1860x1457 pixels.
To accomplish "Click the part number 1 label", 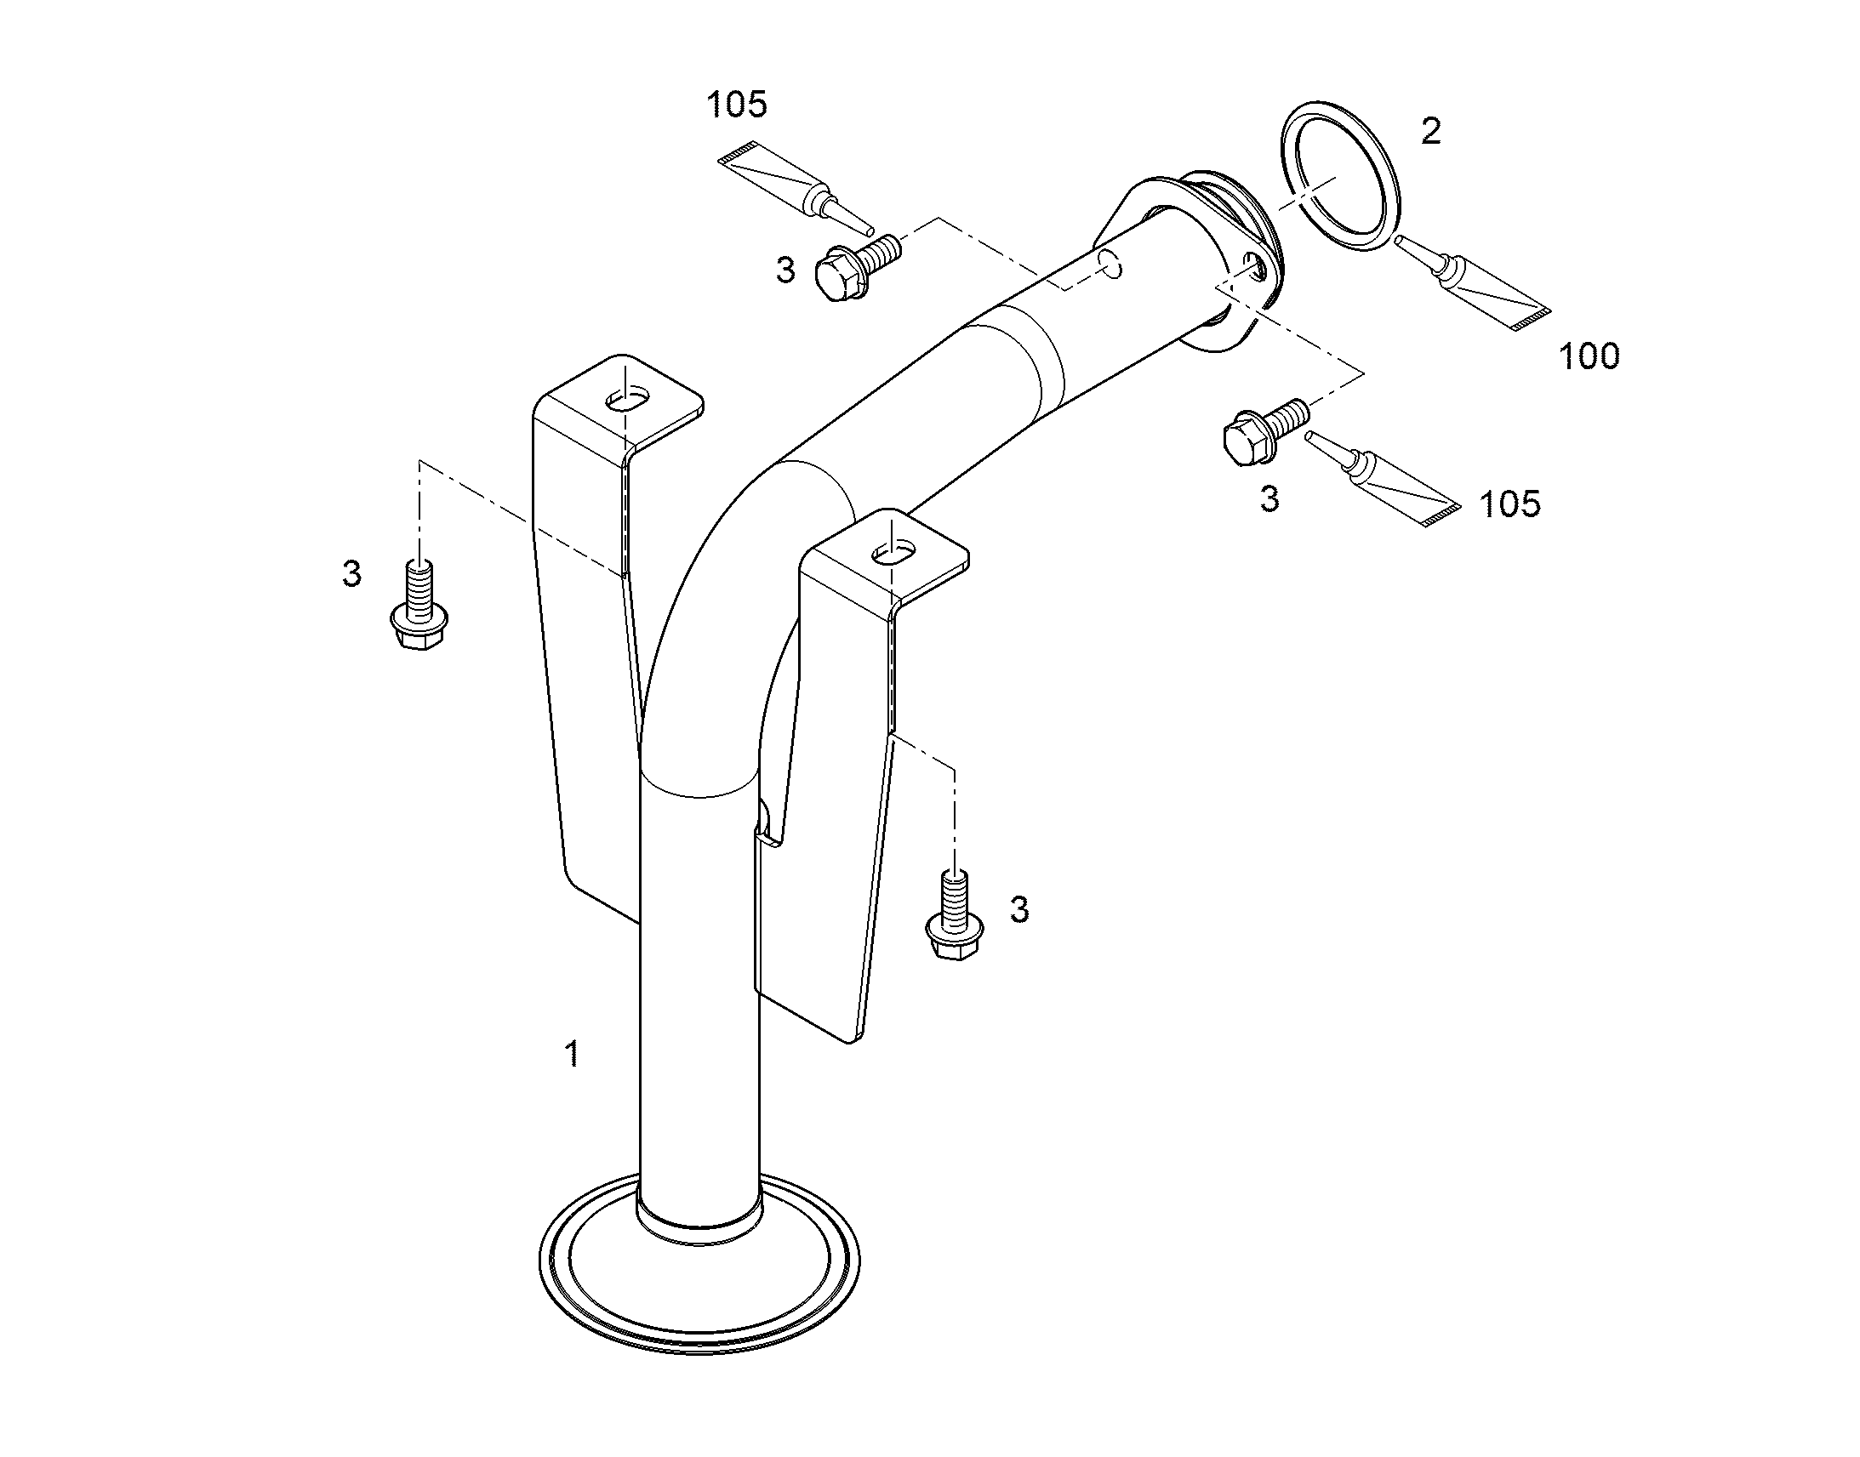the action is point(573,1055).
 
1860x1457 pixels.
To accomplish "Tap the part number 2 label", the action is point(1431,130).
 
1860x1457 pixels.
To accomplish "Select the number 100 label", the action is point(1589,356).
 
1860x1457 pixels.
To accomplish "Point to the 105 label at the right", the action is point(1510,504).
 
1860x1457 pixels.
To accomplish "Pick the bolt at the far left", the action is point(419,606).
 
